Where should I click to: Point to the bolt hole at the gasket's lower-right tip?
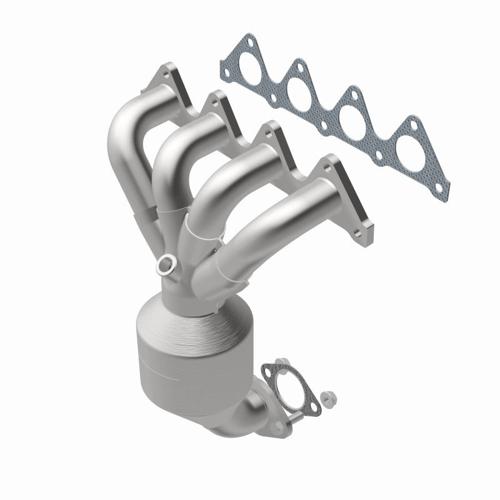coord(442,186)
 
